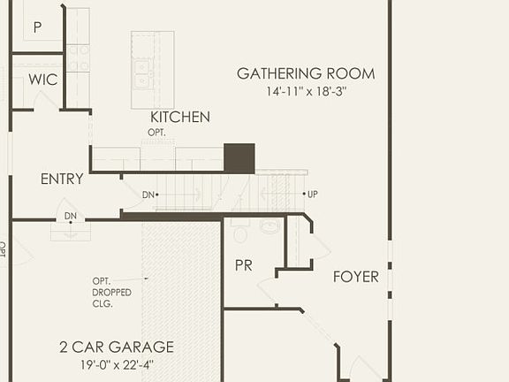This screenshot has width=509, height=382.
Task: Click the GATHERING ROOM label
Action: (x=306, y=73)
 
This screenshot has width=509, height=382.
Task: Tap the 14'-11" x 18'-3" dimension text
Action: (x=306, y=91)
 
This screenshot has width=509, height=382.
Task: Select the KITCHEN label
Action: (x=180, y=117)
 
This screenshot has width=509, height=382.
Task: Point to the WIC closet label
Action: (x=42, y=80)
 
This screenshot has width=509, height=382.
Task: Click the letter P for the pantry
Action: (x=37, y=27)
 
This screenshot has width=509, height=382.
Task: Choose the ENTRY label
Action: (x=62, y=179)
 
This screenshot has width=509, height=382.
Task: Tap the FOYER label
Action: (x=355, y=277)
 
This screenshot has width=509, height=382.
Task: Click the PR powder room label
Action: (x=244, y=265)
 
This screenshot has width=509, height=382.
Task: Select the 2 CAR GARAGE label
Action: (x=117, y=347)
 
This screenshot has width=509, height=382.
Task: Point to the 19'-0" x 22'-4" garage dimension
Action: (x=117, y=363)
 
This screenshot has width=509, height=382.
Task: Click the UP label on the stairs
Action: (x=312, y=194)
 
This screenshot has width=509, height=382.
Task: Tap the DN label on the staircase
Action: (x=148, y=195)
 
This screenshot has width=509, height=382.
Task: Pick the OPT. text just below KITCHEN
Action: (x=156, y=133)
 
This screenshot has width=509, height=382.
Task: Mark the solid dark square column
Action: (x=239, y=158)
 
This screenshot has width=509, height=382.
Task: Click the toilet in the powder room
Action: (x=239, y=233)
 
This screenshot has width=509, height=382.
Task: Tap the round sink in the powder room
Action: (x=270, y=226)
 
